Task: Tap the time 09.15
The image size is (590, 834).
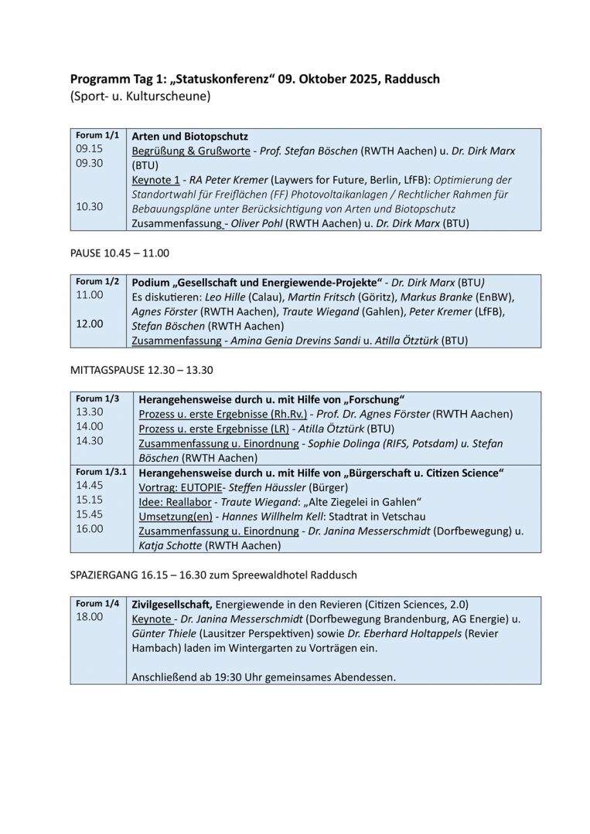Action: point(89,149)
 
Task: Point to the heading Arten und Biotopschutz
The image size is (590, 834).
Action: point(189,136)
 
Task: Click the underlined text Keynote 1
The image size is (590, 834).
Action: point(155,180)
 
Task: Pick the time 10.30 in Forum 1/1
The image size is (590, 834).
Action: point(89,207)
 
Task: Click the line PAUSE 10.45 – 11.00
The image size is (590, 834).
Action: point(120,253)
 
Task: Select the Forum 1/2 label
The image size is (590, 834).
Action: point(97,281)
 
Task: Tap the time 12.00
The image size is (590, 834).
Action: point(89,324)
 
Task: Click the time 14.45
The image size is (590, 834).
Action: point(89,486)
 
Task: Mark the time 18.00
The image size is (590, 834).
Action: point(89,617)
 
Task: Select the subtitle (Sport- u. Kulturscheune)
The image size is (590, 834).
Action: point(140,97)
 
